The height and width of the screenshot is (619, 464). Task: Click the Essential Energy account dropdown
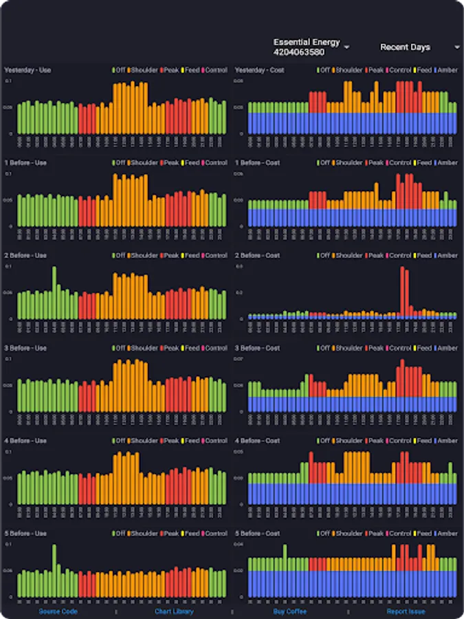point(311,47)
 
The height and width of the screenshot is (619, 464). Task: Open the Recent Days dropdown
point(419,47)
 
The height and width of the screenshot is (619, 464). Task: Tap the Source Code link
point(58,611)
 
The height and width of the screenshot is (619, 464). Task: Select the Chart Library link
point(174,611)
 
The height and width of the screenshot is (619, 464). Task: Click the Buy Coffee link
point(289,611)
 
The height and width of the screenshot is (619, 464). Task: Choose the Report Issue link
point(406,611)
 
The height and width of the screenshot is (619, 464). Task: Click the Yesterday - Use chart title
point(27,70)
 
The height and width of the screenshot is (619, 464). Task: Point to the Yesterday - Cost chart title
point(258,70)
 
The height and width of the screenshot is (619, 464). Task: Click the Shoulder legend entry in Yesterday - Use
point(142,70)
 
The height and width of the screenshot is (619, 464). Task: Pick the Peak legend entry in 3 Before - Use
point(171,349)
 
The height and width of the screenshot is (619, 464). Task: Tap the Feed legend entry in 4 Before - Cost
point(423,441)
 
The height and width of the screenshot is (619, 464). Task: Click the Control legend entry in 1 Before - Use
point(215,163)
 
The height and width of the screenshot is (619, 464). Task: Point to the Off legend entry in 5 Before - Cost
point(324,534)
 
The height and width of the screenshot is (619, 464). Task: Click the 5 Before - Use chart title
point(25,534)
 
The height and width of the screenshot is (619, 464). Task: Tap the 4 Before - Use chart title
point(25,441)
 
